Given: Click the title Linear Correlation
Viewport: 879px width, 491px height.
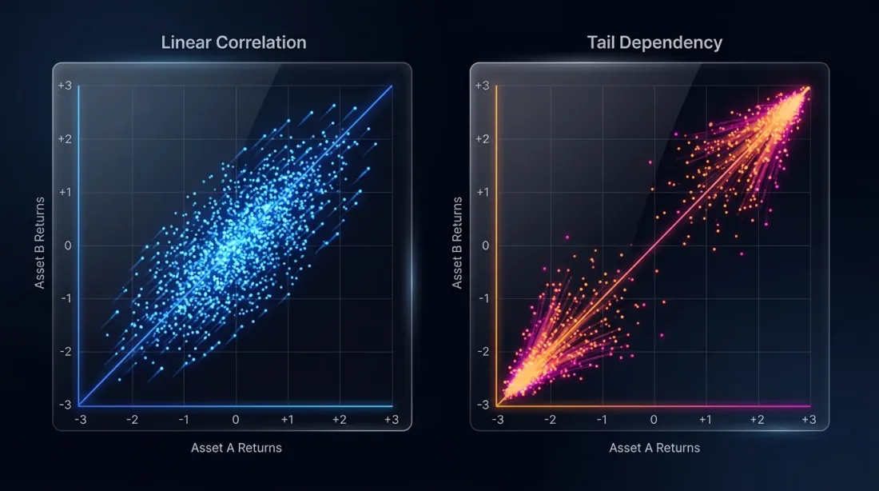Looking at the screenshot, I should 233,42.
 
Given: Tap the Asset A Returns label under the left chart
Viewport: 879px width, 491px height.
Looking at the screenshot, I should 237,448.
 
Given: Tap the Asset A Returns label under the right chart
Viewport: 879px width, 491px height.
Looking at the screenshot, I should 654,448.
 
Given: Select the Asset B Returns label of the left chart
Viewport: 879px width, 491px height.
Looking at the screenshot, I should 40,244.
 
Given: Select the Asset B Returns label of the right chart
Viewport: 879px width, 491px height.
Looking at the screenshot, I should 458,244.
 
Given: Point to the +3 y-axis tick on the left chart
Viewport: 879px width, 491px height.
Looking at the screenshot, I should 64,86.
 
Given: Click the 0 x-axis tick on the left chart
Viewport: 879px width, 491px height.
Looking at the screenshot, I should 236,420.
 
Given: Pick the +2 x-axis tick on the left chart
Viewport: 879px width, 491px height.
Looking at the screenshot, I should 339,420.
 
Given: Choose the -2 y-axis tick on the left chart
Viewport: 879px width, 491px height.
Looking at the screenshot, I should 66,351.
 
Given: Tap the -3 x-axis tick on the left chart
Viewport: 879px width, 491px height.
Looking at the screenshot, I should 81,420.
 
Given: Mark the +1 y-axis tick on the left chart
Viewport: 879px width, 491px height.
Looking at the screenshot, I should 65,192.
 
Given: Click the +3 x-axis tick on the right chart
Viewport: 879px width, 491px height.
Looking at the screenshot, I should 809,420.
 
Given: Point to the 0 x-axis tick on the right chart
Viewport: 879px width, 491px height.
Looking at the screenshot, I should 654,420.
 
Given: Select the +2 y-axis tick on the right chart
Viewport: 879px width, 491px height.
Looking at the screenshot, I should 483,139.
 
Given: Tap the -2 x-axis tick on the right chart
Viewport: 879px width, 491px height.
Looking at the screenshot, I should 550,420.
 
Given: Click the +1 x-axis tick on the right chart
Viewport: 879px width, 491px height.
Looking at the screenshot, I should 705,420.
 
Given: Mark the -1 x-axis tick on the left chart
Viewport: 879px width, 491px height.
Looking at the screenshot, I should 184,420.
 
